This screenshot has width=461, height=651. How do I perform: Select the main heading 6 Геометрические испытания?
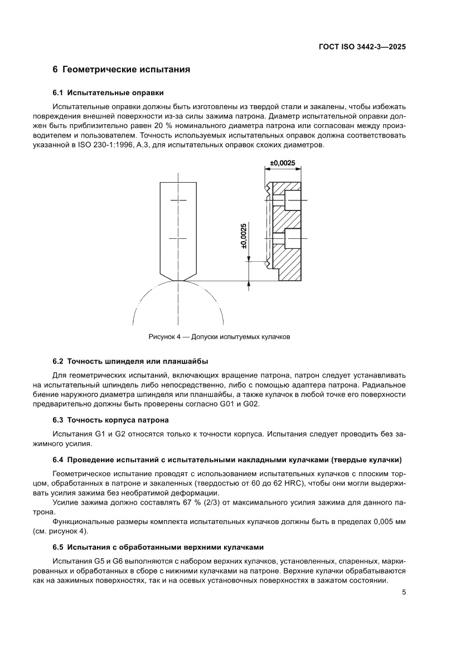(x=122, y=70)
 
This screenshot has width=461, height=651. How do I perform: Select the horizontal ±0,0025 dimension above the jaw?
(x=282, y=163)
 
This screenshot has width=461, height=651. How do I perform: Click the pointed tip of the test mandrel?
(x=179, y=280)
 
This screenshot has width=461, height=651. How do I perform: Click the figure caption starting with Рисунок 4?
(x=219, y=337)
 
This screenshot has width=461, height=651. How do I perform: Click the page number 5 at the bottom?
(x=404, y=593)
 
